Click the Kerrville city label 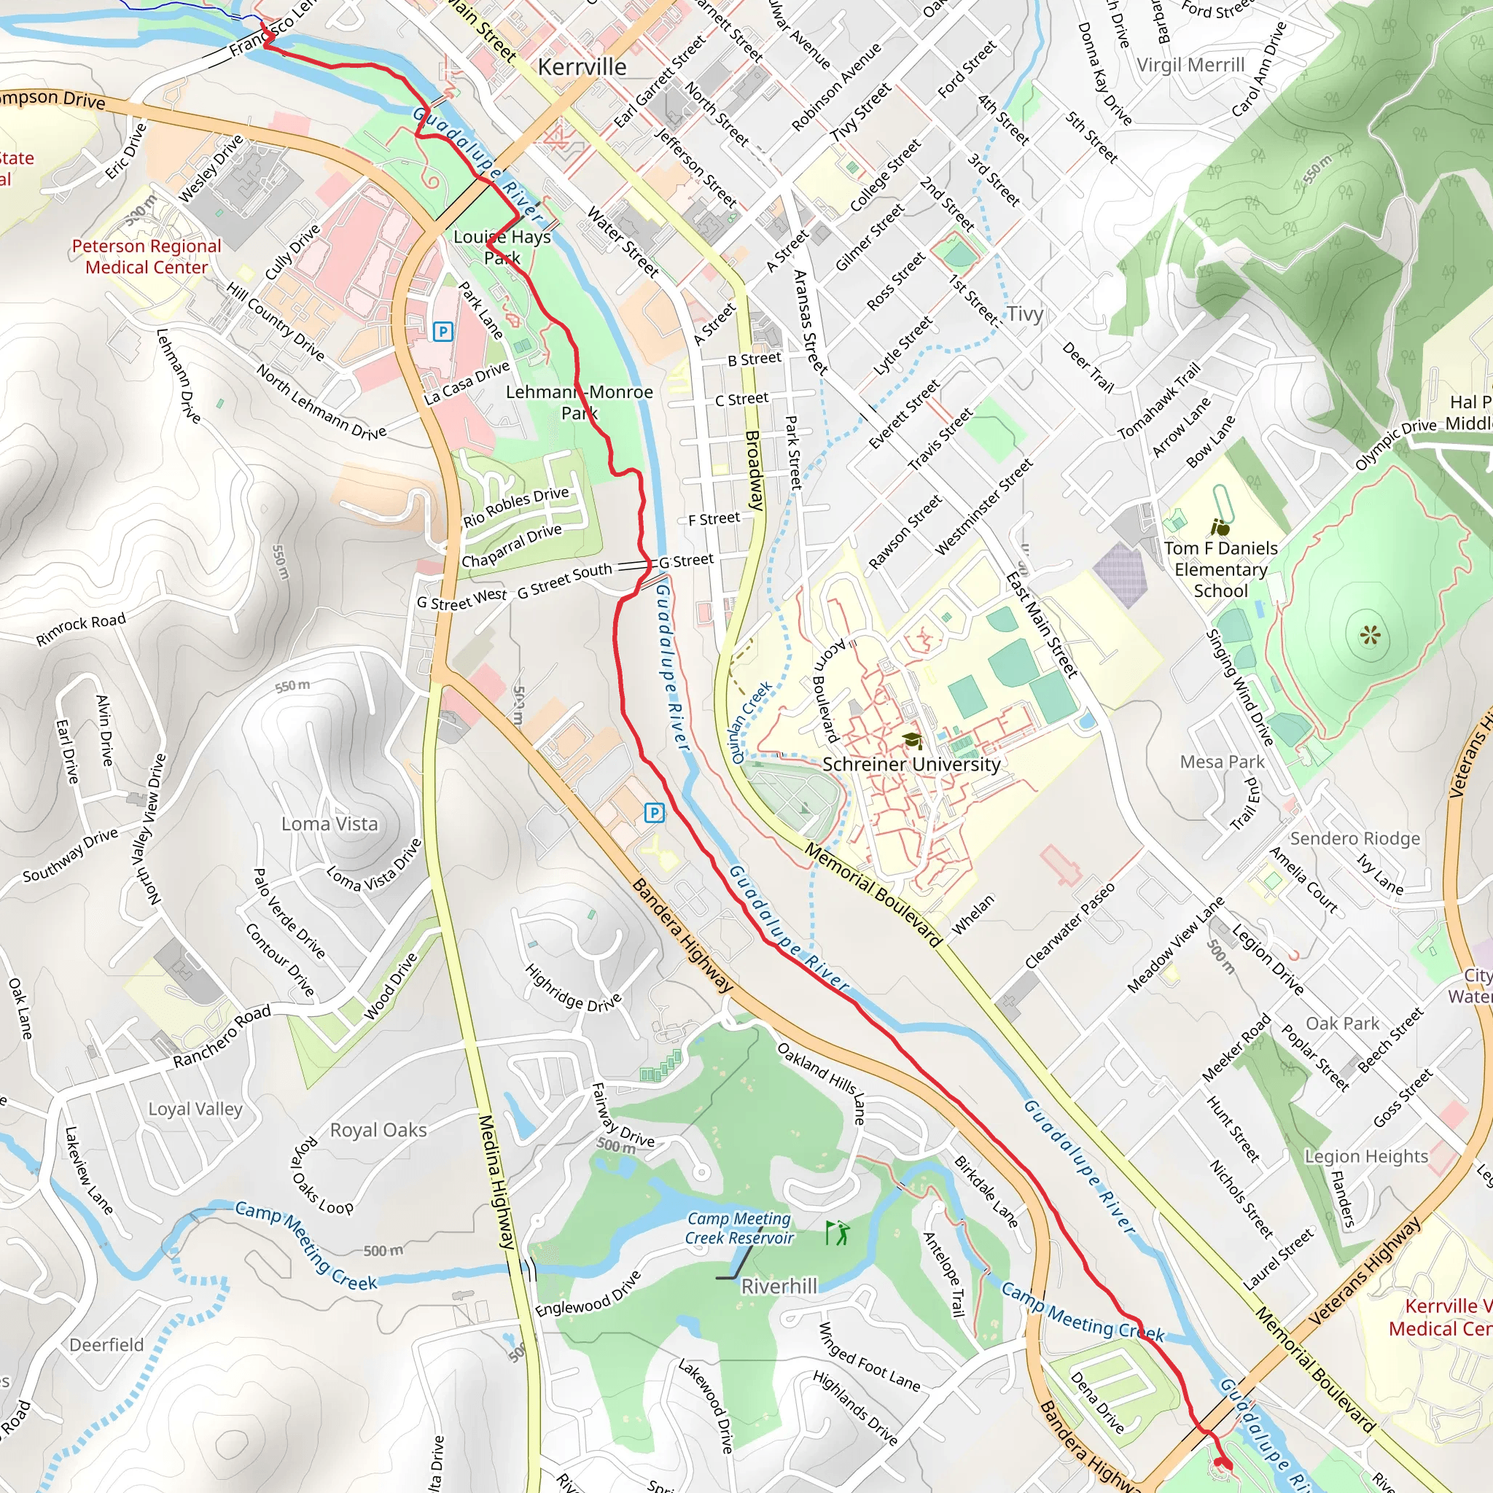582,67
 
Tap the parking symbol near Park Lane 443,332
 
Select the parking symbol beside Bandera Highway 654,812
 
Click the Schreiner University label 911,764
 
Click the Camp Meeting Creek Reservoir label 739,1228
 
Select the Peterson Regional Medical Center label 146,257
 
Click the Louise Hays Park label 502,247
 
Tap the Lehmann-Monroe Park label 580,402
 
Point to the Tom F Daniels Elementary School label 1220,569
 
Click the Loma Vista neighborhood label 330,824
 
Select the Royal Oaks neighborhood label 378,1130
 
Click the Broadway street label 755,471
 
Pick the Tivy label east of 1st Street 1025,313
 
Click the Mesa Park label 1222,762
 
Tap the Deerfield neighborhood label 106,1344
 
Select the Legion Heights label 1366,1156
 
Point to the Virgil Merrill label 1190,65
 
